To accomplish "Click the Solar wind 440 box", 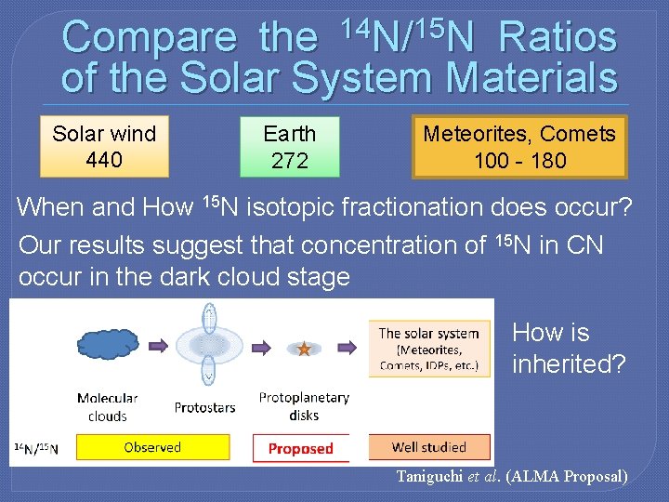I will click(x=104, y=147).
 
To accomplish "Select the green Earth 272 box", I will click(x=290, y=147).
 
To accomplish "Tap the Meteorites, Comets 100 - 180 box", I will click(x=519, y=147).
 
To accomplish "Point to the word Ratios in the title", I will click(x=557, y=38).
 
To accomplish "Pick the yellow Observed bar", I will click(x=151, y=447).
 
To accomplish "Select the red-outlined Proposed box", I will click(x=300, y=448).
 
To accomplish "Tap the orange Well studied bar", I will click(x=428, y=447).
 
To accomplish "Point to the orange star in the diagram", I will click(x=303, y=349).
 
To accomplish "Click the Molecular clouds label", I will click(x=107, y=407).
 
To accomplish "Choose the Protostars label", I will click(x=203, y=407).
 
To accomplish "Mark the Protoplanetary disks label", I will click(x=304, y=405).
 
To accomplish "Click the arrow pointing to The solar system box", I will click(x=347, y=347).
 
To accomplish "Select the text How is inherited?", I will click(x=569, y=349).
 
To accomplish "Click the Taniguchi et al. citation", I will click(x=512, y=477).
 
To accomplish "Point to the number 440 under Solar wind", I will click(x=104, y=160).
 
